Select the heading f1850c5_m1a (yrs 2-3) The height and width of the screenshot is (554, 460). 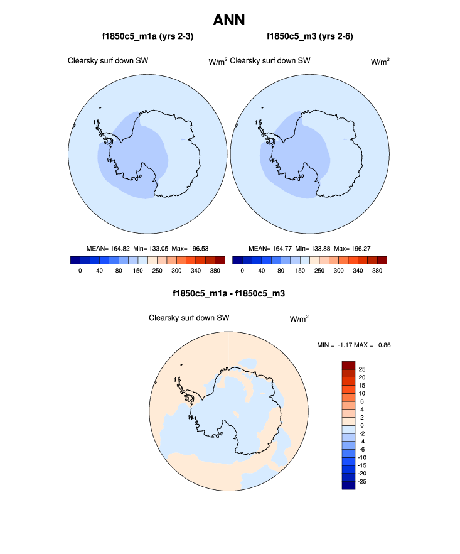144,37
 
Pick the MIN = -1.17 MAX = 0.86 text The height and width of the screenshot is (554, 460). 355,345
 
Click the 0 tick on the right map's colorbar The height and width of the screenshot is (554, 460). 242,271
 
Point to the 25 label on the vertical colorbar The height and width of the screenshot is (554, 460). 362,369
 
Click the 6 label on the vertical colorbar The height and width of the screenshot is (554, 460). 360,401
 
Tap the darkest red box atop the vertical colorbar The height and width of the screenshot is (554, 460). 349,366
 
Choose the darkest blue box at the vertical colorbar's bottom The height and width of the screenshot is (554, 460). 349,484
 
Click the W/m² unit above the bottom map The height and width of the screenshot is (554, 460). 299,319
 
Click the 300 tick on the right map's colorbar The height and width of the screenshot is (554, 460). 339,271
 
